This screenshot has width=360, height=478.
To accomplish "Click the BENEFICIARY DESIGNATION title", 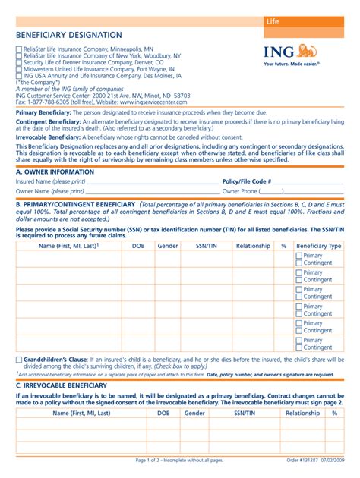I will click(68, 35).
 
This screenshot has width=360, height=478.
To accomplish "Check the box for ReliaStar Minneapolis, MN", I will click(19, 49).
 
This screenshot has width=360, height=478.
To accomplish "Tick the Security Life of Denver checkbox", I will click(19, 63).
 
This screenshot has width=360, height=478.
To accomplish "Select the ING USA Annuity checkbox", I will click(19, 77).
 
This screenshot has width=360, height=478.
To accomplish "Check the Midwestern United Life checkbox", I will click(19, 70).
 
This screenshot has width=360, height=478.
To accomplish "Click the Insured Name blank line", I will click(152, 183).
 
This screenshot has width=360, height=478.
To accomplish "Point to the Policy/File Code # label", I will click(245, 182).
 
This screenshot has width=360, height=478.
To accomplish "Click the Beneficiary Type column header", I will click(318, 246).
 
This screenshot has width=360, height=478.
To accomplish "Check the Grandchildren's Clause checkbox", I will click(19, 358).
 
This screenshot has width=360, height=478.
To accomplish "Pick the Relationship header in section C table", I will click(302, 414).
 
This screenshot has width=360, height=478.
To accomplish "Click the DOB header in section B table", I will click(138, 246).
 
